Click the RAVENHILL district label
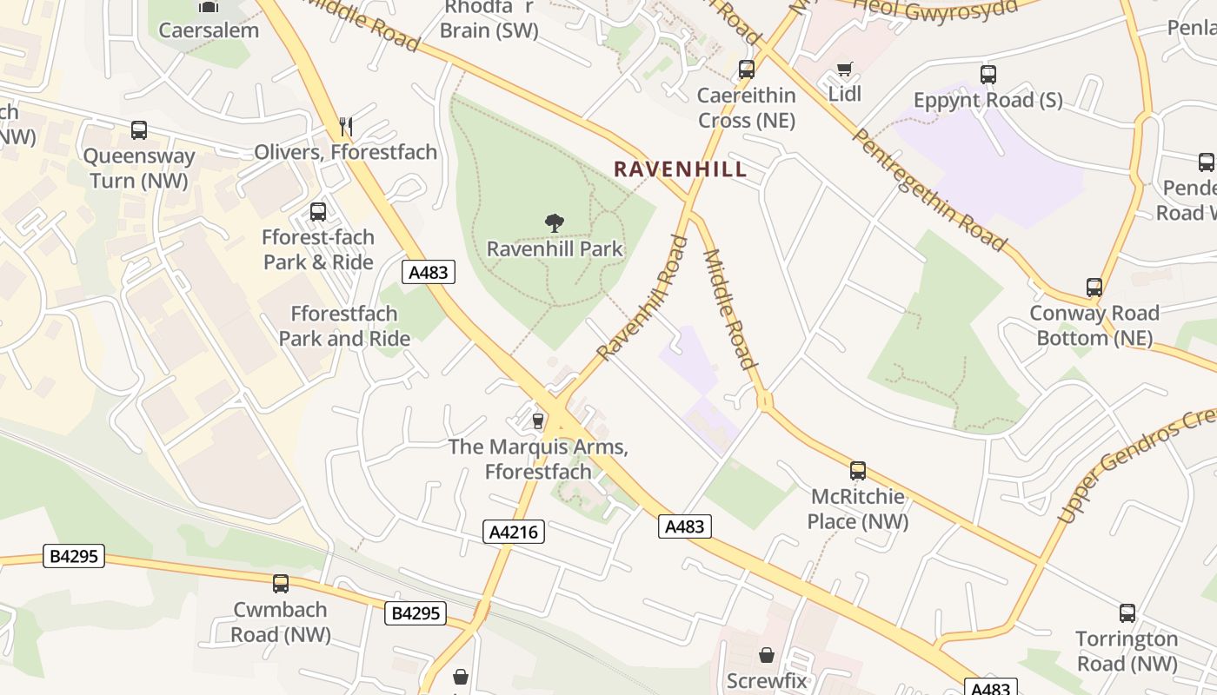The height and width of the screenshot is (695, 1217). [680, 169]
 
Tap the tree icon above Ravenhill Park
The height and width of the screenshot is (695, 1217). [554, 223]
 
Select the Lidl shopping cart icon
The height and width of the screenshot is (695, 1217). [843, 69]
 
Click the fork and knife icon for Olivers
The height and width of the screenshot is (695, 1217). [346, 127]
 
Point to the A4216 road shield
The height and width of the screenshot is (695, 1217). [514, 532]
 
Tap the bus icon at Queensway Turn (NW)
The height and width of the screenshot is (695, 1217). [139, 130]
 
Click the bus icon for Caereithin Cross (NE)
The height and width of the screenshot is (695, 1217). [747, 69]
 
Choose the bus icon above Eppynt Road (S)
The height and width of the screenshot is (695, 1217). [988, 75]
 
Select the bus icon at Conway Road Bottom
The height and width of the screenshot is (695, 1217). [1094, 287]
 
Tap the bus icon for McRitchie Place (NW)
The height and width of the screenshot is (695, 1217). [858, 471]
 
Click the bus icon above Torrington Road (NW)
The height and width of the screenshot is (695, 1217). [1127, 613]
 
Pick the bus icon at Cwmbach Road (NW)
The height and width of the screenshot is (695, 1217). [280, 584]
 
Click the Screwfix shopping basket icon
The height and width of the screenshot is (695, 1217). [767, 655]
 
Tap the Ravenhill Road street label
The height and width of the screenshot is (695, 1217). [642, 297]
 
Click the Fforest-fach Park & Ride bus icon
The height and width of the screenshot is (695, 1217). [318, 212]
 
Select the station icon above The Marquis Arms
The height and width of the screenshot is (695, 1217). [537, 421]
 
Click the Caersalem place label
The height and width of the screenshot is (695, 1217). [209, 30]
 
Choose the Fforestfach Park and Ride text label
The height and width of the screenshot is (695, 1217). [344, 326]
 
